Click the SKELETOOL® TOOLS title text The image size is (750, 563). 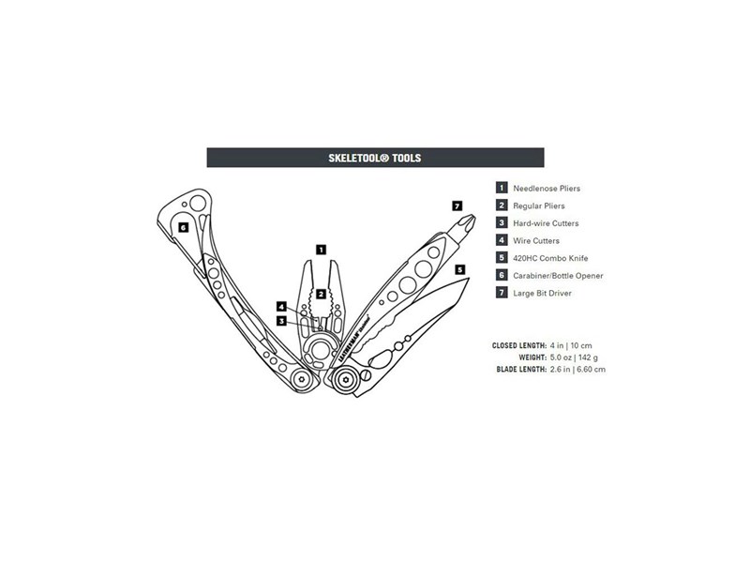click(x=374, y=158)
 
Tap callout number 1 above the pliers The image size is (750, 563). click(x=322, y=250)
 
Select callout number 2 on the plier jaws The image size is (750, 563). click(x=321, y=294)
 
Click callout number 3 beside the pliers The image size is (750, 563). click(x=282, y=321)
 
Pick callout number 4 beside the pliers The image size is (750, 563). click(x=282, y=307)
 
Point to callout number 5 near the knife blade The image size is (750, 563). click(x=459, y=269)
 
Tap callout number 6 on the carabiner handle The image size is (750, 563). click(x=183, y=227)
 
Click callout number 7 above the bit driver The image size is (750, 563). click(x=457, y=205)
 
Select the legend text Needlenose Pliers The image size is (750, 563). click(x=547, y=189)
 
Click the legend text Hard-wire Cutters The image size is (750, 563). click(x=546, y=223)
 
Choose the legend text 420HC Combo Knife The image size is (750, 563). click(x=550, y=259)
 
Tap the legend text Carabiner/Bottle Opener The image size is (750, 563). click(x=558, y=276)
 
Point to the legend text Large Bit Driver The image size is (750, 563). click(x=542, y=294)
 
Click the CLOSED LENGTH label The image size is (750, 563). click(x=519, y=345)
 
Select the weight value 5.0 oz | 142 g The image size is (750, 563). click(x=574, y=358)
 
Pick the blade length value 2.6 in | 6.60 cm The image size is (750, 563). click(x=577, y=369)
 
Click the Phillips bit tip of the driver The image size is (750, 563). click(x=467, y=222)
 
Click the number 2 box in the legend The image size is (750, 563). click(x=502, y=205)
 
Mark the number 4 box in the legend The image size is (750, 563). click(x=502, y=240)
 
